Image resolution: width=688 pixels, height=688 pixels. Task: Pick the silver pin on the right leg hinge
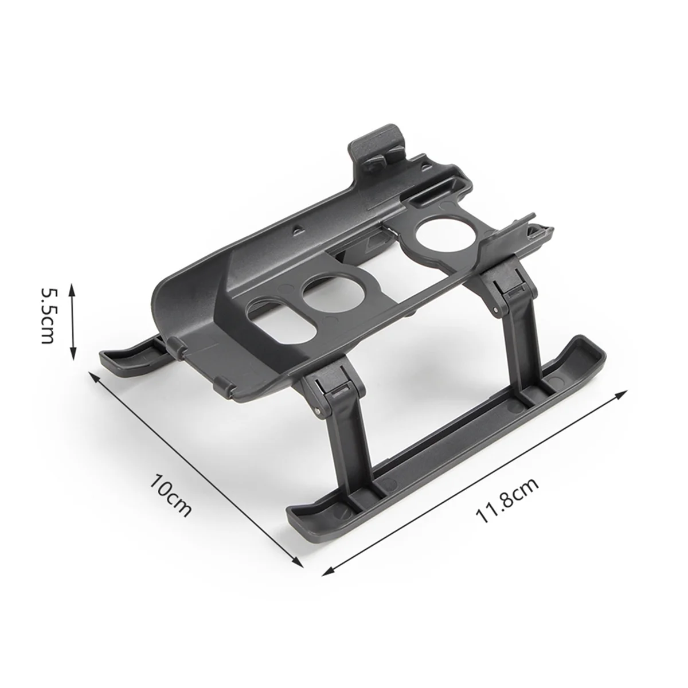click(507, 291)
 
